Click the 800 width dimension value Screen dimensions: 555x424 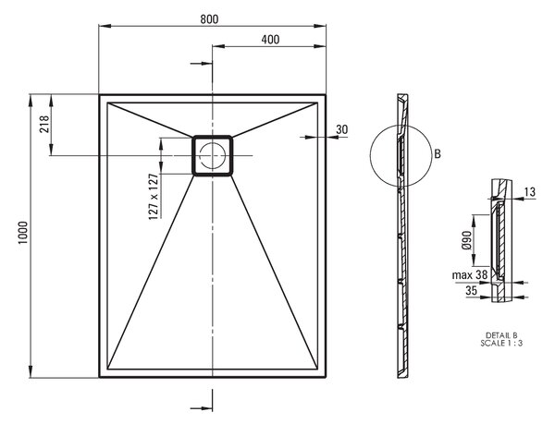pyautogui.click(x=209, y=18)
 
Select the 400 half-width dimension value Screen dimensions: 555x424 pyautogui.click(x=270, y=39)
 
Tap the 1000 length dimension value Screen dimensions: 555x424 pyautogui.click(x=22, y=233)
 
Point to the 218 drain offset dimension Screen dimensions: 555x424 pyautogui.click(x=44, y=124)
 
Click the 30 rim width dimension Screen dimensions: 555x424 pyautogui.click(x=342, y=129)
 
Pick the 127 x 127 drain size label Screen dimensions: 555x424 pyautogui.click(x=154, y=197)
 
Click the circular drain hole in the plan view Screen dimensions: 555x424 pyautogui.click(x=213, y=155)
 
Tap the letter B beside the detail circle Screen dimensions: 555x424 pyautogui.click(x=438, y=154)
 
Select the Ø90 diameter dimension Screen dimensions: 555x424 pyautogui.click(x=467, y=240)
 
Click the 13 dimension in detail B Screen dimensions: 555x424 pyautogui.click(x=530, y=192)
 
